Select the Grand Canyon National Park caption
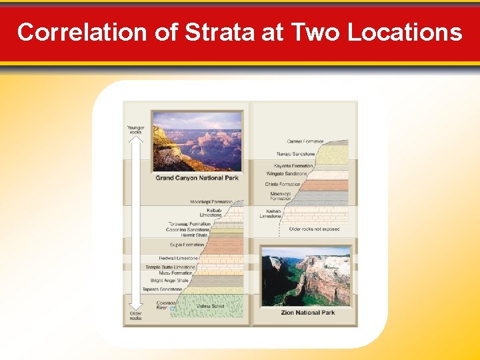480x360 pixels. click(197, 178)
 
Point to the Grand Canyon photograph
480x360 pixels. click(197, 141)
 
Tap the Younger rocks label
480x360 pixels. click(135, 129)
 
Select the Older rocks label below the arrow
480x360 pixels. click(135, 315)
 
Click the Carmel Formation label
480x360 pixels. click(305, 141)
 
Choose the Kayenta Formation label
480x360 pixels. click(293, 166)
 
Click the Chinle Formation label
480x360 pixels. click(283, 184)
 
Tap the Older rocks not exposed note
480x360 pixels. click(314, 229)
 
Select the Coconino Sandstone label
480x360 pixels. click(188, 230)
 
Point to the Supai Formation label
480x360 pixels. click(187, 245)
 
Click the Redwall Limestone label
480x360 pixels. click(179, 258)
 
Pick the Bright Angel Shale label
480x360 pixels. click(170, 281)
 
